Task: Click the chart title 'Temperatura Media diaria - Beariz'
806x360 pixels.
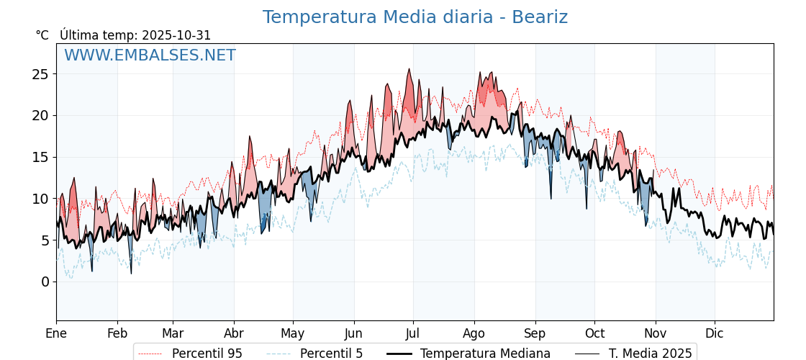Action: [415, 17]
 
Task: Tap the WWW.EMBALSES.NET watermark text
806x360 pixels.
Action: [150, 55]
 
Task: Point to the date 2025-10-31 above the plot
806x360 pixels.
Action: [176, 35]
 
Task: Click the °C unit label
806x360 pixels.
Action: [42, 35]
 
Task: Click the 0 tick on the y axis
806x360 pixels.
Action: [45, 282]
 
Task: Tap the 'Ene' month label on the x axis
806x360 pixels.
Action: [56, 333]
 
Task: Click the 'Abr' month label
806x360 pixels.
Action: [234, 333]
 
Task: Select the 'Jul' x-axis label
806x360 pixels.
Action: [413, 333]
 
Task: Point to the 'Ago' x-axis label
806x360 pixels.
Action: [474, 333]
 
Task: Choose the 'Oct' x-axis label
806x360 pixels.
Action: [594, 333]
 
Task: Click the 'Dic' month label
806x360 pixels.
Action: [715, 333]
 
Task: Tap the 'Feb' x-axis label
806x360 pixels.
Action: [117, 333]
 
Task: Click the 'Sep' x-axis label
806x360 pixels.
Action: [535, 333]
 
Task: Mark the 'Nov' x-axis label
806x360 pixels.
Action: [656, 333]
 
